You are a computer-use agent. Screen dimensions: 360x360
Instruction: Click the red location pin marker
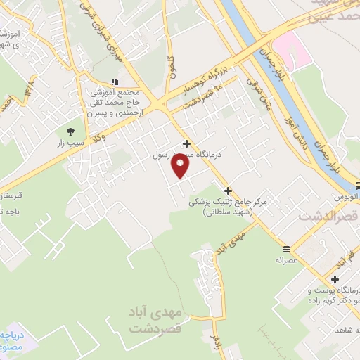point(181,166)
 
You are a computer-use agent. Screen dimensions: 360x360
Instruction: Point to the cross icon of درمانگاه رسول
point(186,143)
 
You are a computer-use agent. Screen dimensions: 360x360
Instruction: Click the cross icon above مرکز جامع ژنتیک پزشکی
point(228,191)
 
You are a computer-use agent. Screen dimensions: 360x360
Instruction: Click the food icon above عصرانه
point(286,249)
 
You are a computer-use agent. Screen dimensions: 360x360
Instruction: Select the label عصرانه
point(286,259)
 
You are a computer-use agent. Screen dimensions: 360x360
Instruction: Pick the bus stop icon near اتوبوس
point(358,186)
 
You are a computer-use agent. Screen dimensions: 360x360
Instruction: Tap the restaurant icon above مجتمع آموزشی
point(115,82)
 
